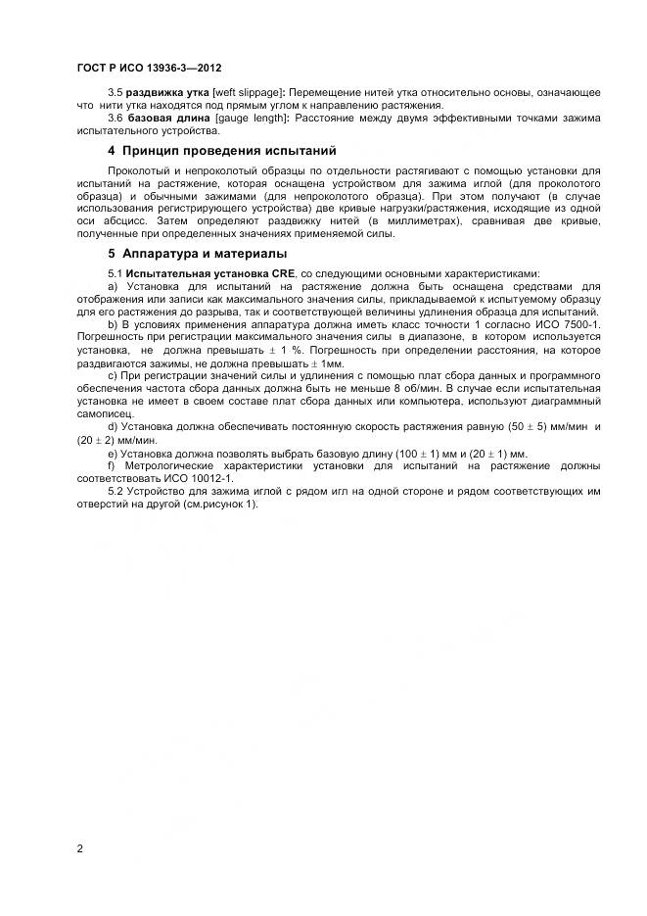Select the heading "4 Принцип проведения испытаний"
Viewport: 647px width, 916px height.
coord(221,151)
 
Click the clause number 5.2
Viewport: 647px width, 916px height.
coord(116,491)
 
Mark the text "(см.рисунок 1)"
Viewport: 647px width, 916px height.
coord(222,504)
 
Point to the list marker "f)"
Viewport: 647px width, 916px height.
coord(112,465)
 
